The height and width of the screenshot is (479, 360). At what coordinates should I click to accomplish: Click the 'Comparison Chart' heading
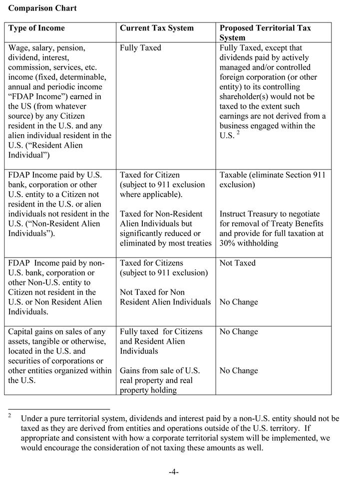click(42, 8)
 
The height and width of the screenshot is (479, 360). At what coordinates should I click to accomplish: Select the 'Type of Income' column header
click(36, 28)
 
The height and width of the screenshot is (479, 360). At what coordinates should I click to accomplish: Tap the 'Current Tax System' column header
click(156, 28)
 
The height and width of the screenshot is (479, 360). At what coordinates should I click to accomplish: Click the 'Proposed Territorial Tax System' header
click(265, 32)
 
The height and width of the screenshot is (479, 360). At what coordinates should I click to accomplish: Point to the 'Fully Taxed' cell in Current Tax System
click(140, 48)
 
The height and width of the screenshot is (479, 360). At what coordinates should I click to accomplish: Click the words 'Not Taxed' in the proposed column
click(237, 263)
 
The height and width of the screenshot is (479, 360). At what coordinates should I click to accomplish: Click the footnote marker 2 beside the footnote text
click(9, 415)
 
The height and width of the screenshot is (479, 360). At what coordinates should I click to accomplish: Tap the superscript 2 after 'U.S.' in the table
click(238, 133)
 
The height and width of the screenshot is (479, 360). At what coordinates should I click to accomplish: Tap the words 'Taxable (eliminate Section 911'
click(272, 175)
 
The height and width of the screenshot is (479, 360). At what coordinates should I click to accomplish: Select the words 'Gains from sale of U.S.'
click(160, 371)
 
